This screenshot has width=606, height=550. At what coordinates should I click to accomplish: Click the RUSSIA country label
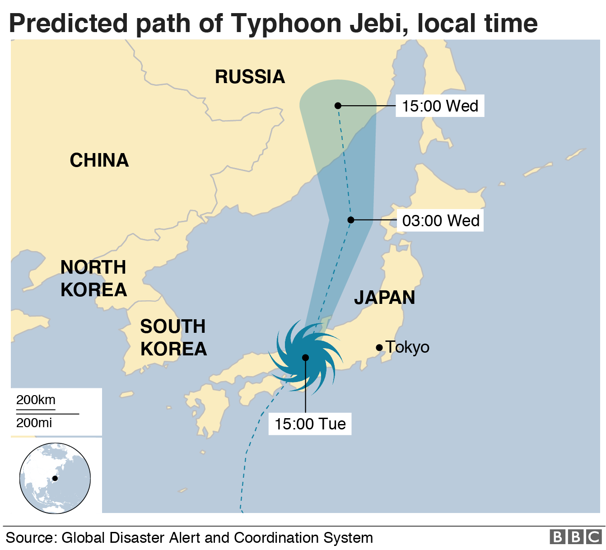coord(250,77)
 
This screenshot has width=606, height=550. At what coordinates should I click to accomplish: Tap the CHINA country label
coord(99,160)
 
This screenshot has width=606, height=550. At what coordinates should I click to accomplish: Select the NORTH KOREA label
coord(93,278)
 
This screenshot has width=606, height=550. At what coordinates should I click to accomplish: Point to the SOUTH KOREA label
coord(173,337)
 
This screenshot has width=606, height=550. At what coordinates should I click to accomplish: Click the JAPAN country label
coord(384,298)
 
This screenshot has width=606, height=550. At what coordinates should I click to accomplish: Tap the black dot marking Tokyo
coord(379,347)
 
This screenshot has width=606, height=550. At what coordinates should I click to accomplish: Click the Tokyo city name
coord(407,347)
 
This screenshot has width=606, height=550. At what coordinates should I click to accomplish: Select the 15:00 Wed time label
coord(440,106)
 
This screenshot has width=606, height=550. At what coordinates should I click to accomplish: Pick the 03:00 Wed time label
coord(440,220)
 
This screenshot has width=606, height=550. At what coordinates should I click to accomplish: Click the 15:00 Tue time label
coord(310,424)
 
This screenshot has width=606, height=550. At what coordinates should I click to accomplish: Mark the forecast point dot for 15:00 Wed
coord(338,106)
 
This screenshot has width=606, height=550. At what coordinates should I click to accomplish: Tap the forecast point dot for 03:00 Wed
coord(350,220)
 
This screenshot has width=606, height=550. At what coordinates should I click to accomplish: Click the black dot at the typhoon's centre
coord(306,358)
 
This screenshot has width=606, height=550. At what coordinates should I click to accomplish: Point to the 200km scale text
coord(36,400)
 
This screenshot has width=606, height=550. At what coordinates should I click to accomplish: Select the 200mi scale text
coord(34,423)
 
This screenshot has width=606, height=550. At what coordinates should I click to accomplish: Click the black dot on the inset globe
coord(55,478)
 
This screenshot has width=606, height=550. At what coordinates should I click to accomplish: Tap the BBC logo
coord(575,537)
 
